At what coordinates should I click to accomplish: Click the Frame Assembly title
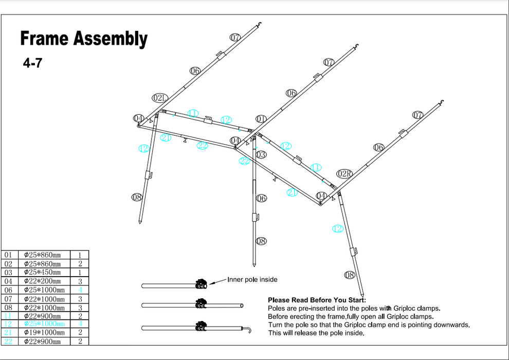(x=83, y=39)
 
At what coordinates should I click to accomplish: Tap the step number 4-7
(x=32, y=64)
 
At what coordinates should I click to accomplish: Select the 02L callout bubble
(x=160, y=98)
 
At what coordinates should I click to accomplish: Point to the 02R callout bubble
(x=344, y=173)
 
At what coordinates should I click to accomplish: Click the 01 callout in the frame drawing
(x=261, y=119)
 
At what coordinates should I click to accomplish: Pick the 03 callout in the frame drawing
(x=261, y=154)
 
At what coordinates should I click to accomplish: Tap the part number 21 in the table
(x=8, y=333)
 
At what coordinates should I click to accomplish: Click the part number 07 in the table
(x=8, y=298)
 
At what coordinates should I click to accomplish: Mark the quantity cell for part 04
(x=80, y=281)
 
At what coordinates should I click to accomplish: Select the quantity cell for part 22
(x=80, y=341)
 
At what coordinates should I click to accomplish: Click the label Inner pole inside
(x=252, y=280)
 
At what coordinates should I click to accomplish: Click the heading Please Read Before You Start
(x=317, y=300)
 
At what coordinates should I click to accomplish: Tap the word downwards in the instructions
(x=453, y=325)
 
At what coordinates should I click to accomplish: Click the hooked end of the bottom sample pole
(x=248, y=328)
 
